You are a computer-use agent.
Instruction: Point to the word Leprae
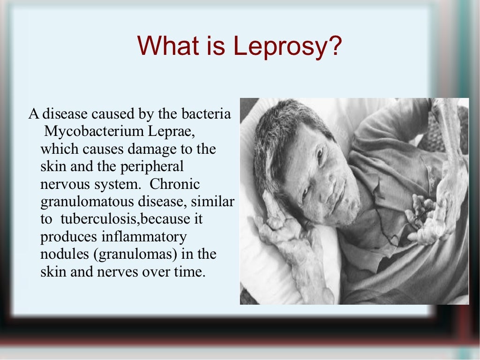pos(172,132)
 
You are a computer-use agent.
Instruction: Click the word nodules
pos(62,255)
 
